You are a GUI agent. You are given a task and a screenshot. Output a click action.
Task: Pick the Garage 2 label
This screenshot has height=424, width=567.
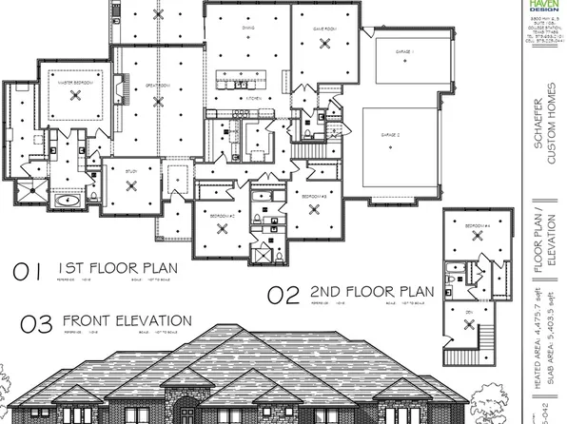click(401, 134)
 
